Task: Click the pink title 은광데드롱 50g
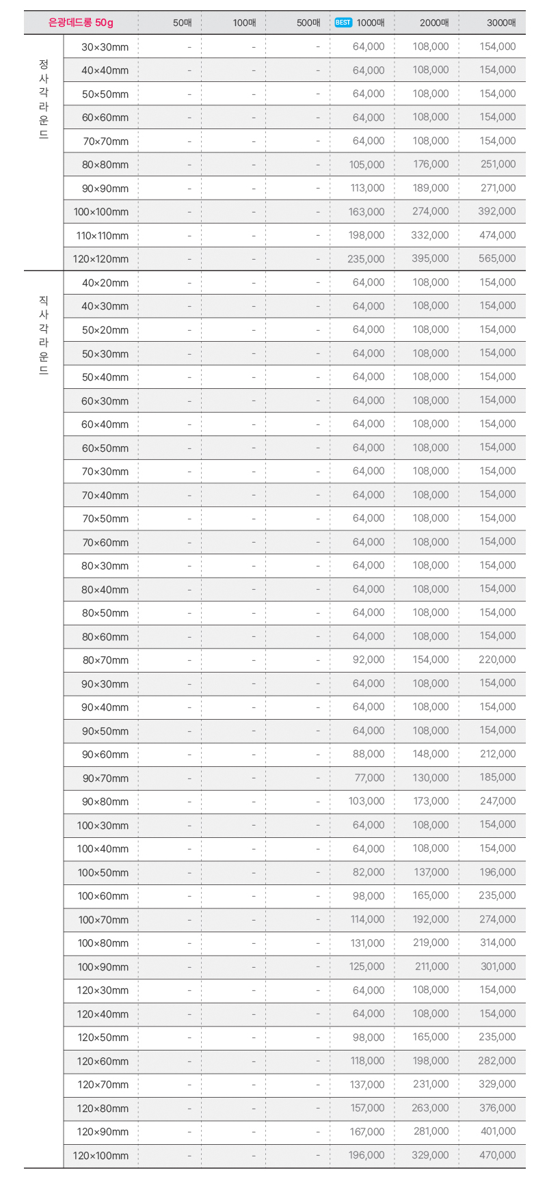tap(81, 23)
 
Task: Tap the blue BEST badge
tap(343, 23)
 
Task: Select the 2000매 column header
tap(434, 23)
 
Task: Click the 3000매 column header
tap(501, 23)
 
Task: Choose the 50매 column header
tap(183, 23)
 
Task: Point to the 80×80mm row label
tap(105, 165)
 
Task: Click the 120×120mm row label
tap(101, 259)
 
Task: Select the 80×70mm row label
tap(105, 660)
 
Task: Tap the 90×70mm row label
tap(105, 778)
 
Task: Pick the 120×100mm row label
tap(101, 1155)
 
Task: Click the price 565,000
tap(497, 259)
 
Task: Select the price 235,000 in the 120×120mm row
tap(366, 259)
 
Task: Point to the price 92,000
tap(369, 660)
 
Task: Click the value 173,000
tap(431, 802)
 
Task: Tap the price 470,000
tap(497, 1155)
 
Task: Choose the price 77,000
tap(369, 778)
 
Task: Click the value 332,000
tap(431, 236)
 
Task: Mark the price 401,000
tap(498, 1132)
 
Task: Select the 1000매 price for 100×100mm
tap(366, 212)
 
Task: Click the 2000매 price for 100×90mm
tap(431, 966)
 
